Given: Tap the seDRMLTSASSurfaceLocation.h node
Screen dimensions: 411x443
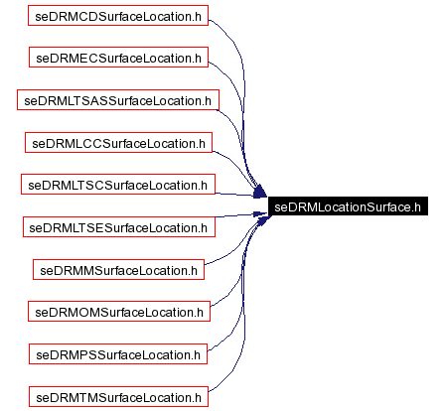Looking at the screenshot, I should [118, 100].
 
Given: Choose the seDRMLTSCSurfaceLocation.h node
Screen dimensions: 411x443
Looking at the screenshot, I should [118, 185].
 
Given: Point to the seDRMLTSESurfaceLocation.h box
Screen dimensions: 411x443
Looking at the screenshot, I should [118, 227].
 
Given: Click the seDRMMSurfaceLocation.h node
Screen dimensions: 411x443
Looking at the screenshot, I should [118, 269].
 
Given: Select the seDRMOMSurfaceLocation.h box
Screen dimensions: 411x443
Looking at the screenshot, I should [118, 312].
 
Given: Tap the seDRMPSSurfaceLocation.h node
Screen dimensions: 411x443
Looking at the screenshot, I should [118, 353].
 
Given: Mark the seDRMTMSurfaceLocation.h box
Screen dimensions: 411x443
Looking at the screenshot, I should [118, 396].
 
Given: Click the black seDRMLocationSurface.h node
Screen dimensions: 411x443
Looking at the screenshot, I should [348, 206].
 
